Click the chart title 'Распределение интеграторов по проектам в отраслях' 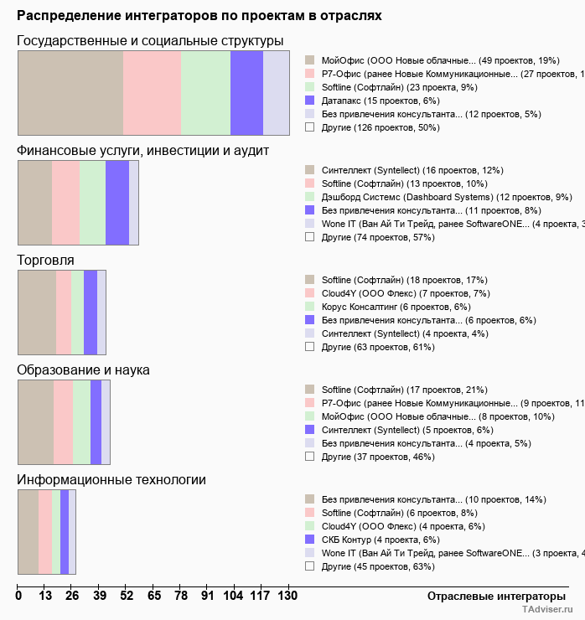point(199,15)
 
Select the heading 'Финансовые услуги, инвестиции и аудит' point(142,150)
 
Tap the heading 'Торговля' point(45,260)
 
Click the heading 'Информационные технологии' point(111,479)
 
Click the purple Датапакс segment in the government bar point(246,92)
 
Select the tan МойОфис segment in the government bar point(70,92)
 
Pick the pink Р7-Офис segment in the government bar point(152,92)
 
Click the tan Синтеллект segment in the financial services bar point(34,203)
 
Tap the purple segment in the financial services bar point(116,203)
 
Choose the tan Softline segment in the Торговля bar point(37,313)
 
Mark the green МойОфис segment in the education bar point(81,422)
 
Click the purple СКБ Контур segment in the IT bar point(65,532)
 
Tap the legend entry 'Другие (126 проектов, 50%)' point(380,127)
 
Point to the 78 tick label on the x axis point(181,596)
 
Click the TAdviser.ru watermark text point(548,611)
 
